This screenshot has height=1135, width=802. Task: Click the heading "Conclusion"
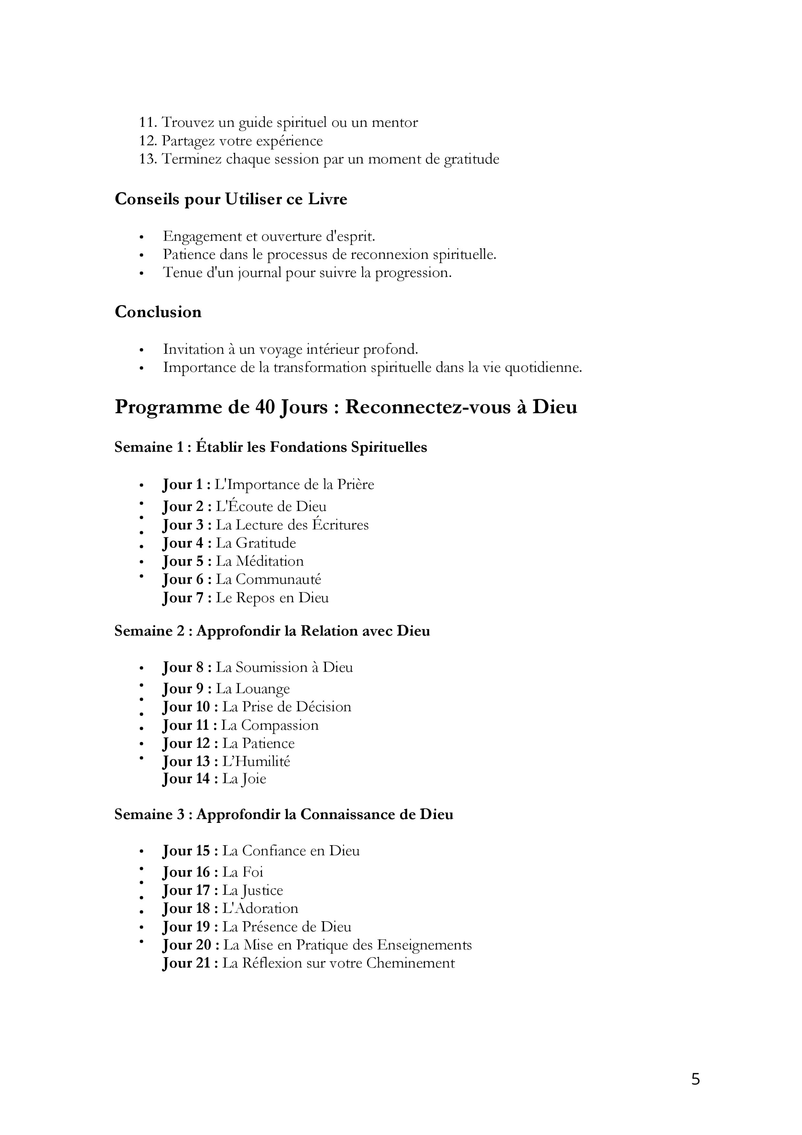coord(158,312)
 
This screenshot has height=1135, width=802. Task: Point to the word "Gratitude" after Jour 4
coord(265,543)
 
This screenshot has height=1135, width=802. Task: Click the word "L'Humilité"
coord(256,761)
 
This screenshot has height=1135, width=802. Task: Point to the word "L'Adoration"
coord(261,909)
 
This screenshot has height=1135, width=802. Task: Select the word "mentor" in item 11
coord(394,123)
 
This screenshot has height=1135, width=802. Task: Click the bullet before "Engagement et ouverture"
coord(141,237)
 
